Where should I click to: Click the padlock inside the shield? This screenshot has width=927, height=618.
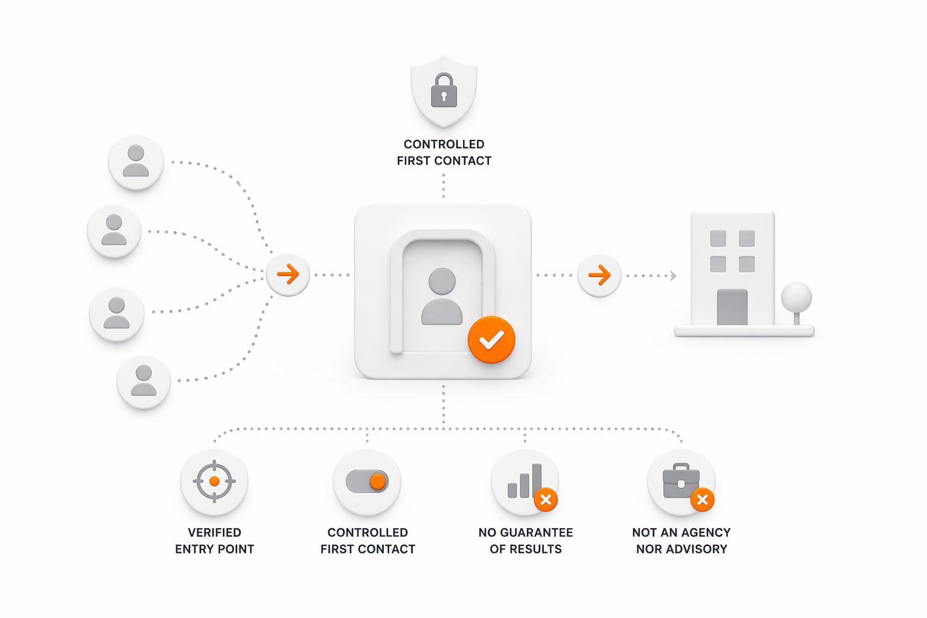(x=444, y=91)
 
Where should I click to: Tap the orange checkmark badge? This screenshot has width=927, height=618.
(x=491, y=340)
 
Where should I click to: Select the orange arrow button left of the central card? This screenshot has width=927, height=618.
(x=288, y=275)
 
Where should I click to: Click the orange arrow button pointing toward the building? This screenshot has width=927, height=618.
(x=599, y=276)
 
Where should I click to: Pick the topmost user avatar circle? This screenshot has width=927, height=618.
(x=136, y=162)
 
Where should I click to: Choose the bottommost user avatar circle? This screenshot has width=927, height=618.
(x=144, y=382)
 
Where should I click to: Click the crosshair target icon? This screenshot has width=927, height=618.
(x=214, y=482)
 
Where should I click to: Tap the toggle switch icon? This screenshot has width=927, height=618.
(x=367, y=482)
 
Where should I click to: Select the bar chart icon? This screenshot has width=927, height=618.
(x=523, y=482)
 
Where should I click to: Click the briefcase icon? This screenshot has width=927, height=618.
(x=680, y=482)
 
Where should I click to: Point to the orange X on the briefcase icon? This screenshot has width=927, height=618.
(x=702, y=500)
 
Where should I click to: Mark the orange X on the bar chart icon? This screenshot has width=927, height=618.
(x=546, y=500)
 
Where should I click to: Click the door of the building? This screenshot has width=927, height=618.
(x=732, y=307)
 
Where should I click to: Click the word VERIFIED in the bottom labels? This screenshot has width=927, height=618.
(x=214, y=532)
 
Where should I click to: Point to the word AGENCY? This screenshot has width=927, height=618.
(x=706, y=532)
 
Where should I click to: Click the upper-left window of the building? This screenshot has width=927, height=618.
(x=718, y=238)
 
